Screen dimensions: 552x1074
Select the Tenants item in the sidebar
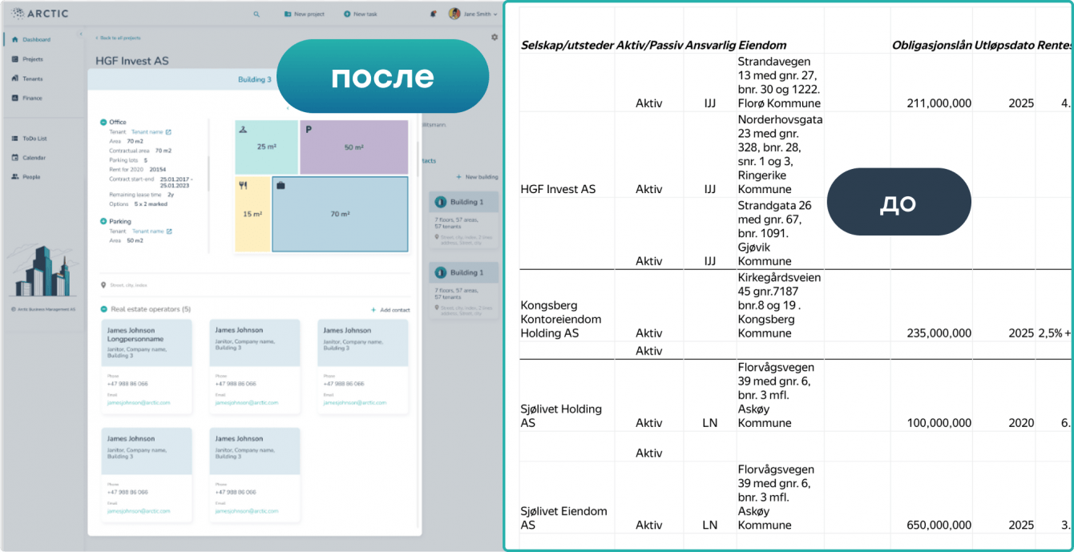point(32,79)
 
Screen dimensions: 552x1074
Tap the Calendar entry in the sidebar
point(34,158)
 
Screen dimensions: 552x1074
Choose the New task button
point(360,14)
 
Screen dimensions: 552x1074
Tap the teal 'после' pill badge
point(382,77)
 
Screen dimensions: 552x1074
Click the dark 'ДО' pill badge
point(898,202)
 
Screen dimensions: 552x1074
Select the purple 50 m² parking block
point(353,147)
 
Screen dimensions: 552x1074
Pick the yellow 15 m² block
point(252,214)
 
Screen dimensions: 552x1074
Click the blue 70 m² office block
point(340,214)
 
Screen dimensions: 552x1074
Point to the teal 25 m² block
point(266,147)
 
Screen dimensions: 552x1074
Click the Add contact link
point(390,309)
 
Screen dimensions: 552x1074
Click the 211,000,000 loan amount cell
point(939,103)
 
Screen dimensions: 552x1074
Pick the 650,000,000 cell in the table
point(939,526)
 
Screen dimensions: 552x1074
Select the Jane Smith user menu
point(474,14)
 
